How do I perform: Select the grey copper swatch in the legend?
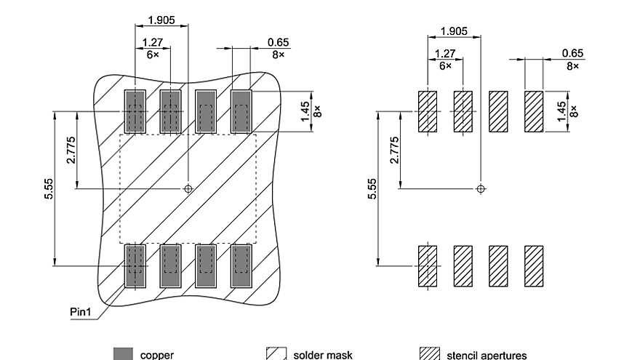coord(124,354)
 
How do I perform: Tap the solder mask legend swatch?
coord(276,354)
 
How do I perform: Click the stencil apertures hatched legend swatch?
coord(431,354)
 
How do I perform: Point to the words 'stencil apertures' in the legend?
coord(487,355)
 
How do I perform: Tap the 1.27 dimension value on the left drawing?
coord(152,42)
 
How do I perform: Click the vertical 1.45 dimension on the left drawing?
coord(304,111)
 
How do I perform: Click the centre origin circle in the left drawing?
coord(188,189)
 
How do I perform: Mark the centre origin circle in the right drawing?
coord(481,189)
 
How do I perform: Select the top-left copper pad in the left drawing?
coord(135,111)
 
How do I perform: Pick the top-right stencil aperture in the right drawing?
coord(535,111)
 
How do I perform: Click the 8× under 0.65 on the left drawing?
coord(278,53)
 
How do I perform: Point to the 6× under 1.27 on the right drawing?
coord(445,65)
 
